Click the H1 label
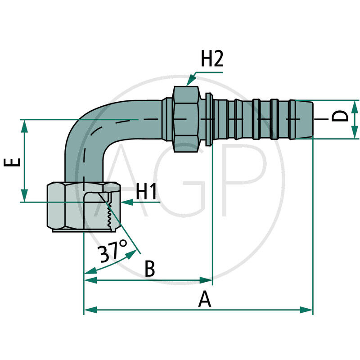click(x=147, y=193)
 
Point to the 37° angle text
click(x=113, y=252)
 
